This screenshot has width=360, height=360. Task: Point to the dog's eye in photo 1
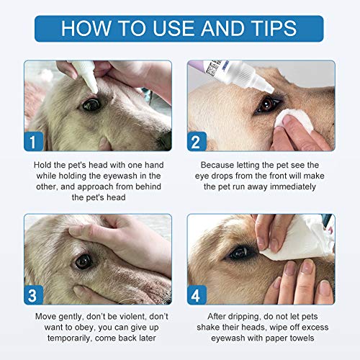(91, 104)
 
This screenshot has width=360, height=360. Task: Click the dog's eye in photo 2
(268, 104)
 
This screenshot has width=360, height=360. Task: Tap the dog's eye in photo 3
(85, 261)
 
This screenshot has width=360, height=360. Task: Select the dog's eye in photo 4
(240, 253)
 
